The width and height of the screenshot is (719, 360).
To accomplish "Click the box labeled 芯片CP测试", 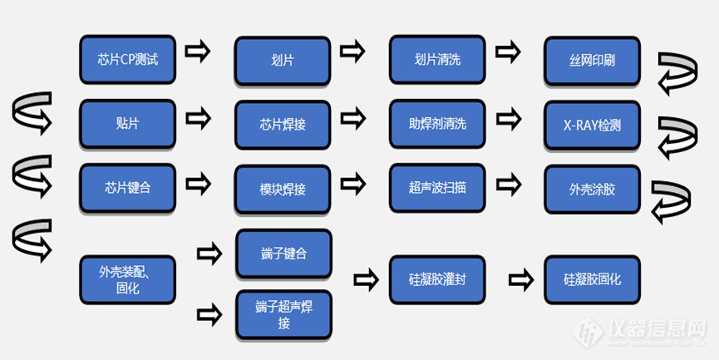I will [127, 59].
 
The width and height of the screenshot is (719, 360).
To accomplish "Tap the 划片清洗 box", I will [438, 60].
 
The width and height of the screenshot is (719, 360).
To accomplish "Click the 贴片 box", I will [127, 124].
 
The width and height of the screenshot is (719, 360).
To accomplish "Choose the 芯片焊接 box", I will [283, 125].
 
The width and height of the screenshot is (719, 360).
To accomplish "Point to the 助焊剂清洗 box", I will [438, 124].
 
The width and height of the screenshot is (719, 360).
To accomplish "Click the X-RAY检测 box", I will [593, 125].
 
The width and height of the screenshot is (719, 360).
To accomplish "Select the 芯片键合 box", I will [127, 188].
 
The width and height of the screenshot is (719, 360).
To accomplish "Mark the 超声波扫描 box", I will [438, 188].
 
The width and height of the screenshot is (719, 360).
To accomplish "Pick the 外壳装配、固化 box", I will [127, 279].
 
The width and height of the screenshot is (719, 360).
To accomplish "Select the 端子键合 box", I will [283, 254].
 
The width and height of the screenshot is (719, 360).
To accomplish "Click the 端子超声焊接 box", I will [283, 314].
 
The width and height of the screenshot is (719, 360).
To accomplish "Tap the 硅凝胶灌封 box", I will [438, 279].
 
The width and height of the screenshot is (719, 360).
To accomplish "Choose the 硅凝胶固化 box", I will [593, 279].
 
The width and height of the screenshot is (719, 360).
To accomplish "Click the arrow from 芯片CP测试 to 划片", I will [197, 52].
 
